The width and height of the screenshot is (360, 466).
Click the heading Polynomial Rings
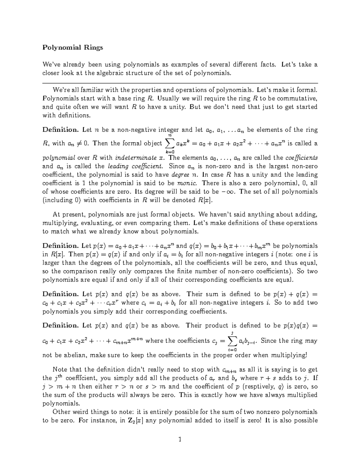pyautogui.click(x=73, y=47)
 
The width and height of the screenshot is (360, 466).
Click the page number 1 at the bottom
pyautogui.click(x=180, y=440)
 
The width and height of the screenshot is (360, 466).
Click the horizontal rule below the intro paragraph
pyautogui.click(x=180, y=83)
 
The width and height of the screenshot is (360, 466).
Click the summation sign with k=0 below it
pyautogui.click(x=170, y=144)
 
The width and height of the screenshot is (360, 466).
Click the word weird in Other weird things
pyautogui.click(x=81, y=412)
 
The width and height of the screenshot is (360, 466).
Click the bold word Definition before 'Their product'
pyautogui.click(x=60, y=326)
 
